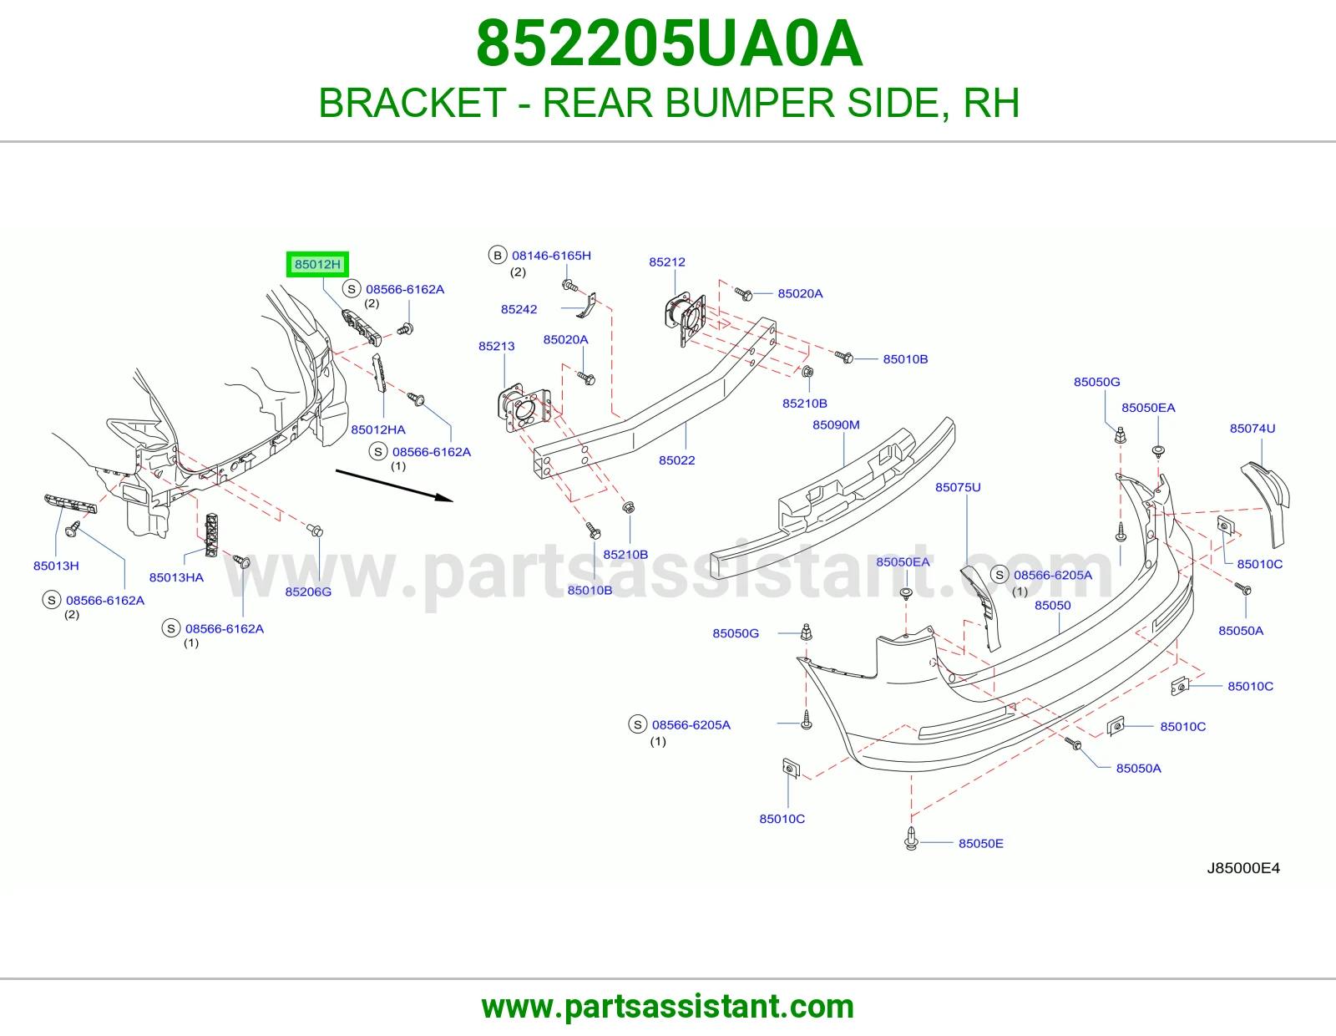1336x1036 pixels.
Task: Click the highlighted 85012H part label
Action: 317,265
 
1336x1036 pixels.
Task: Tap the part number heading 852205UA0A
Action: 670,43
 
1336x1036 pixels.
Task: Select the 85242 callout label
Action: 519,309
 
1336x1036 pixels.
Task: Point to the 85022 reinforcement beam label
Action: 677,460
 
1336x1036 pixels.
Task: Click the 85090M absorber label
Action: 836,425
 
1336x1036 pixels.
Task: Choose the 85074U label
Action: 1252,428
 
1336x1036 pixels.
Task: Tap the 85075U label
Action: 958,487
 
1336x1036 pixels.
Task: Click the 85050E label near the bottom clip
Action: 980,844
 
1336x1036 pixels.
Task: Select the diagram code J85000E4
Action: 1243,868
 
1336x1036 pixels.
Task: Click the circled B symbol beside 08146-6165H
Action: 498,256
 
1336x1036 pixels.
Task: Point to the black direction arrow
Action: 394,486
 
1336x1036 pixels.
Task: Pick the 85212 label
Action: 667,262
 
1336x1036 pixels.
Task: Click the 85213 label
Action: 497,347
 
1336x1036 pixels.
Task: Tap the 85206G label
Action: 308,592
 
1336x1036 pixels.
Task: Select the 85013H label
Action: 56,566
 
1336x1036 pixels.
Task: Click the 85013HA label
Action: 176,577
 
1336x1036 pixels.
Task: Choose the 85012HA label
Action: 378,430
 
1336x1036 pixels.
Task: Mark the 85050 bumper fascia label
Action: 1053,606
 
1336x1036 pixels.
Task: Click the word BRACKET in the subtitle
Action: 412,103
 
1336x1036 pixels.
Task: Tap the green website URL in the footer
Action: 668,1007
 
